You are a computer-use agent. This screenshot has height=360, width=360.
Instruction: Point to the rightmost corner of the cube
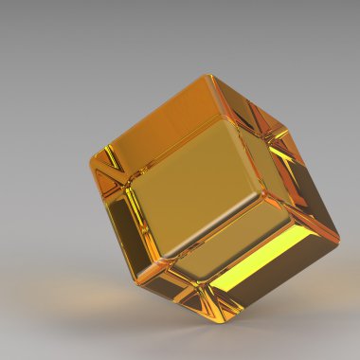coord(338,238)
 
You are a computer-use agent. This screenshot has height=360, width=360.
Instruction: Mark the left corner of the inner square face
coord(130,180)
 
